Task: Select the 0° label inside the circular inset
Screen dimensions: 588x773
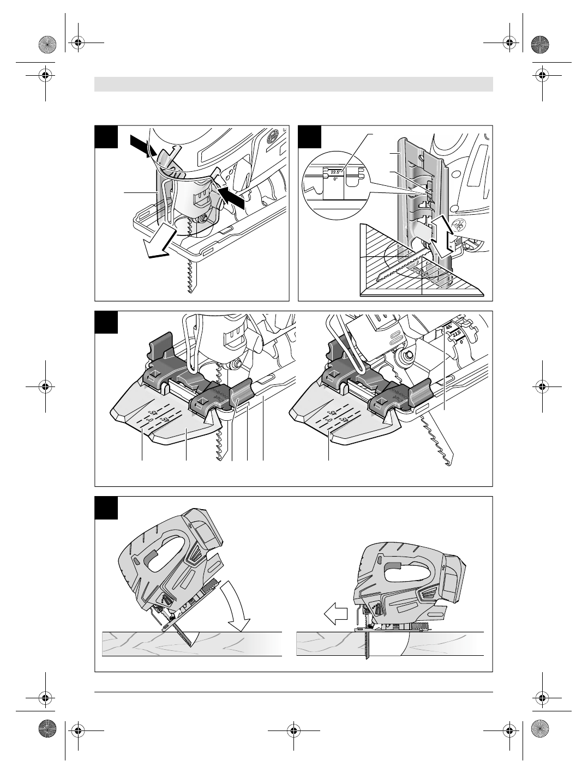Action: tap(335, 178)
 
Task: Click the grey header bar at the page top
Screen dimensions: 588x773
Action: tap(293, 84)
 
